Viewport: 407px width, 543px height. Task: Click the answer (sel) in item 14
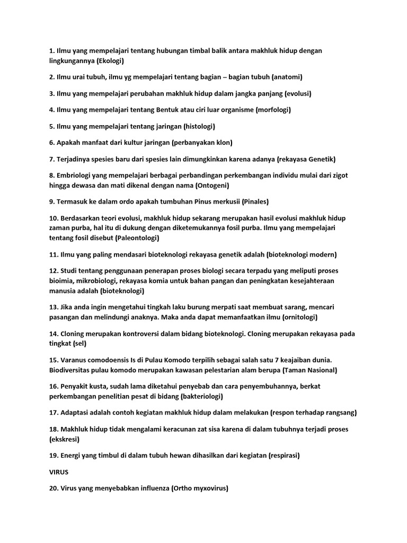pyautogui.click(x=77, y=344)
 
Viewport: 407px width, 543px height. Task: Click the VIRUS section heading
pyautogui.click(x=59, y=472)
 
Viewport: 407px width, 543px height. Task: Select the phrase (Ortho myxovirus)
pyautogui.click(x=200, y=488)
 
